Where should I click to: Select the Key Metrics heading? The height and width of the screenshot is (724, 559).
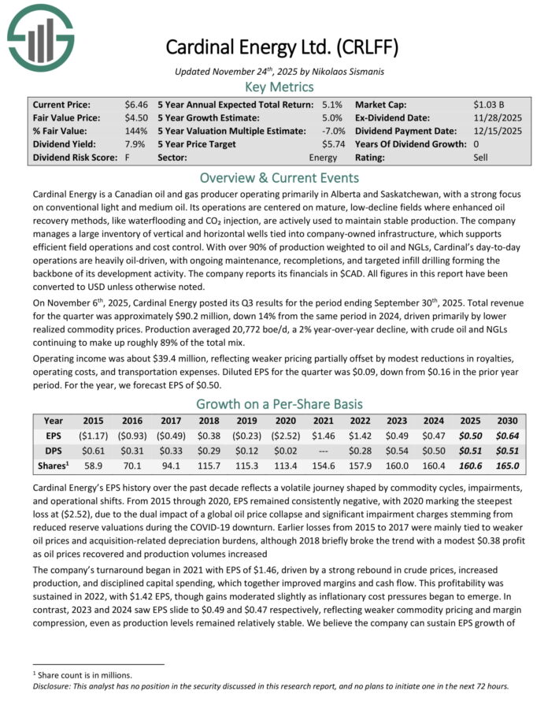[279, 87]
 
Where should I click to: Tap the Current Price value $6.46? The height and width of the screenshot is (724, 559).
[135, 104]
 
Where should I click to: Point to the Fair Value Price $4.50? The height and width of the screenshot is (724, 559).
[135, 117]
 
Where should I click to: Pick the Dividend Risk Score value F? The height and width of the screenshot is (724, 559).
[127, 158]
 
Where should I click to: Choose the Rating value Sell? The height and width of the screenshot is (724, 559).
[483, 158]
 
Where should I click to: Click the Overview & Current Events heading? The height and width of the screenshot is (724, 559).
[279, 177]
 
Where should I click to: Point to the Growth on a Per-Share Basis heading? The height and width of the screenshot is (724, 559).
[279, 404]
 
